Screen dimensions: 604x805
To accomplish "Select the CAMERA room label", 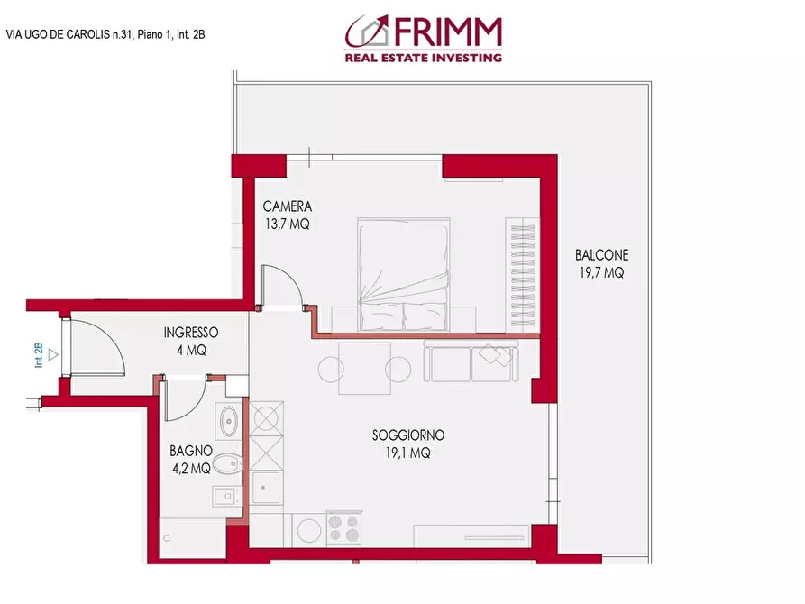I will click(287, 207).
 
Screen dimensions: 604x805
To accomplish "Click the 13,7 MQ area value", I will click(287, 225).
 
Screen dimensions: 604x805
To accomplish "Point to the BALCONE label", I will click(601, 255).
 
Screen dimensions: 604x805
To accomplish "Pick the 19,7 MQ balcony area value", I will click(601, 272).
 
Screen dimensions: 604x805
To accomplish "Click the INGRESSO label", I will click(191, 332).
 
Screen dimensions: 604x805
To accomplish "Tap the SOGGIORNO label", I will click(407, 435).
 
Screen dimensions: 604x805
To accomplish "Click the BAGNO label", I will click(190, 451).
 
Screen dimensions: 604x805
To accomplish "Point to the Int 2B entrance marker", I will click(39, 353).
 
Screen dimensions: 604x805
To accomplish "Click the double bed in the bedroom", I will click(404, 273).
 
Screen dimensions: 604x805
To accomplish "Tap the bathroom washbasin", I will click(229, 419).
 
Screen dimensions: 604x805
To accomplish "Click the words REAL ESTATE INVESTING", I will click(423, 58).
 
